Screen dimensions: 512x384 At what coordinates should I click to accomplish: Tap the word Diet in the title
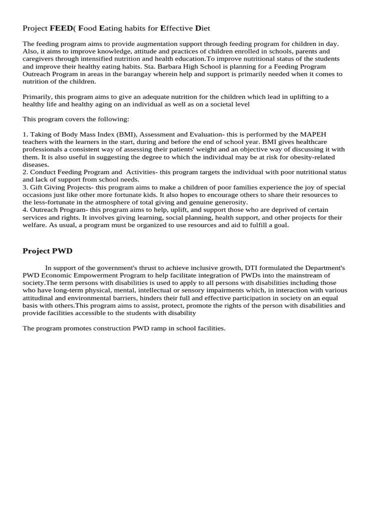point(202,28)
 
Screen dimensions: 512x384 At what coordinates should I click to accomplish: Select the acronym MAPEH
point(313,134)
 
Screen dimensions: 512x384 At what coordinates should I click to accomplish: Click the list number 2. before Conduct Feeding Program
point(25,172)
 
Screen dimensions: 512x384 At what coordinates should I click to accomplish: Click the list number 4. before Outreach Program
point(25,209)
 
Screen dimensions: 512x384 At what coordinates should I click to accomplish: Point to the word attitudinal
point(40,297)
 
